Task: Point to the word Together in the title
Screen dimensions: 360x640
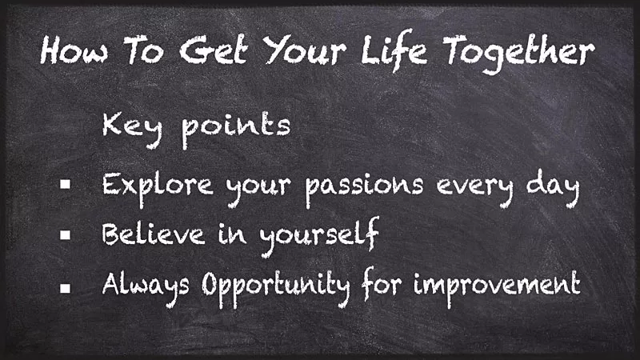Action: pyautogui.click(x=519, y=53)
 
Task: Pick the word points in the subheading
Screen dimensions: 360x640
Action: pyautogui.click(x=235, y=128)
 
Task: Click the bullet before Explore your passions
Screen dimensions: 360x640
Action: pyautogui.click(x=66, y=185)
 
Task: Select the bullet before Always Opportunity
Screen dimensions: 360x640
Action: pyautogui.click(x=66, y=284)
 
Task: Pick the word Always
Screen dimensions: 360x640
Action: pyautogui.click(x=147, y=284)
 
